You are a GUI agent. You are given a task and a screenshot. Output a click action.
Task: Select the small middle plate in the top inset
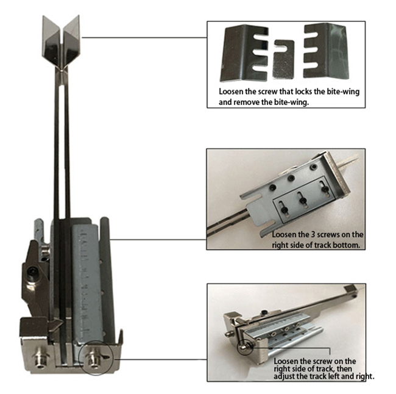pyautogui.click(x=284, y=59)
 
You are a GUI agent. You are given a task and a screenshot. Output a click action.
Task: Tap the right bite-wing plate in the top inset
pyautogui.click(x=326, y=51)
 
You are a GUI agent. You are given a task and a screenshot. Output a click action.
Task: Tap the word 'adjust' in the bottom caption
pyautogui.click(x=284, y=376)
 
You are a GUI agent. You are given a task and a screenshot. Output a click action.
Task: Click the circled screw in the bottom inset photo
pyautogui.click(x=244, y=348)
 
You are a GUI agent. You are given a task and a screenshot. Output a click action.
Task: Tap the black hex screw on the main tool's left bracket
pyautogui.click(x=32, y=273)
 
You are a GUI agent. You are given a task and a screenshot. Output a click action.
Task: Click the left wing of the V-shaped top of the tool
pyautogui.click(x=51, y=41)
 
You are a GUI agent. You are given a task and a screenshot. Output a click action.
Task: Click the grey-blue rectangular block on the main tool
pyautogui.click(x=87, y=283)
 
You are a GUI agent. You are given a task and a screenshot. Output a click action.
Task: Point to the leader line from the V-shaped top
pyautogui.click(x=144, y=37)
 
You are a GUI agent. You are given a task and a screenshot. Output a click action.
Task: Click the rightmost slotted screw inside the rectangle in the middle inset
pyautogui.click(x=324, y=188)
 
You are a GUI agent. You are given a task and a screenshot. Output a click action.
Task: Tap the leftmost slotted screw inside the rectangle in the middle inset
pyautogui.click(x=284, y=209)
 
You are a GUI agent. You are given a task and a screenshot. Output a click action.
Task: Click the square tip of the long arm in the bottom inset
pyautogui.click(x=350, y=289)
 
